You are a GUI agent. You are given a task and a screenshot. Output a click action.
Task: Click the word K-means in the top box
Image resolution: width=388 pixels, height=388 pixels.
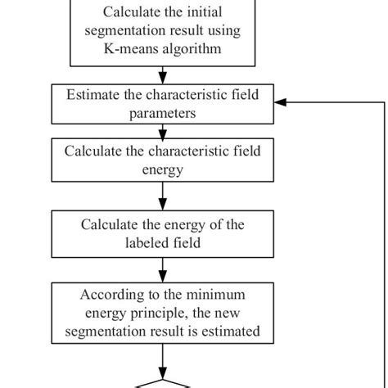pos(129,48)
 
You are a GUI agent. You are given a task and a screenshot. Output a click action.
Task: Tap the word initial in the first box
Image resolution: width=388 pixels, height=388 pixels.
pos(217,12)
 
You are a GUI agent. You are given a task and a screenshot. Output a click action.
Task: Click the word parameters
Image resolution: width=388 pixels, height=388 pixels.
pos(162,113)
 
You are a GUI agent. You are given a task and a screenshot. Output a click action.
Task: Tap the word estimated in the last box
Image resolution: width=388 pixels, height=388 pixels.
pos(233,332)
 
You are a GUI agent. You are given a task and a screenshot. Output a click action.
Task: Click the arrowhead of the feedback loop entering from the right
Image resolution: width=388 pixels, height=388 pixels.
pos(279,103)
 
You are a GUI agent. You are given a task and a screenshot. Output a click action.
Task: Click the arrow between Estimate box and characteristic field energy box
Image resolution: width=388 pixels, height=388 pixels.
pos(162,130)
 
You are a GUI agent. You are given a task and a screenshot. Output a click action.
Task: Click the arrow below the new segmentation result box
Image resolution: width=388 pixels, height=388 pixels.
pos(162,360)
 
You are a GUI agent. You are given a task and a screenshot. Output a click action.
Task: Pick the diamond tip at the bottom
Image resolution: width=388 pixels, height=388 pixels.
pos(162,381)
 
